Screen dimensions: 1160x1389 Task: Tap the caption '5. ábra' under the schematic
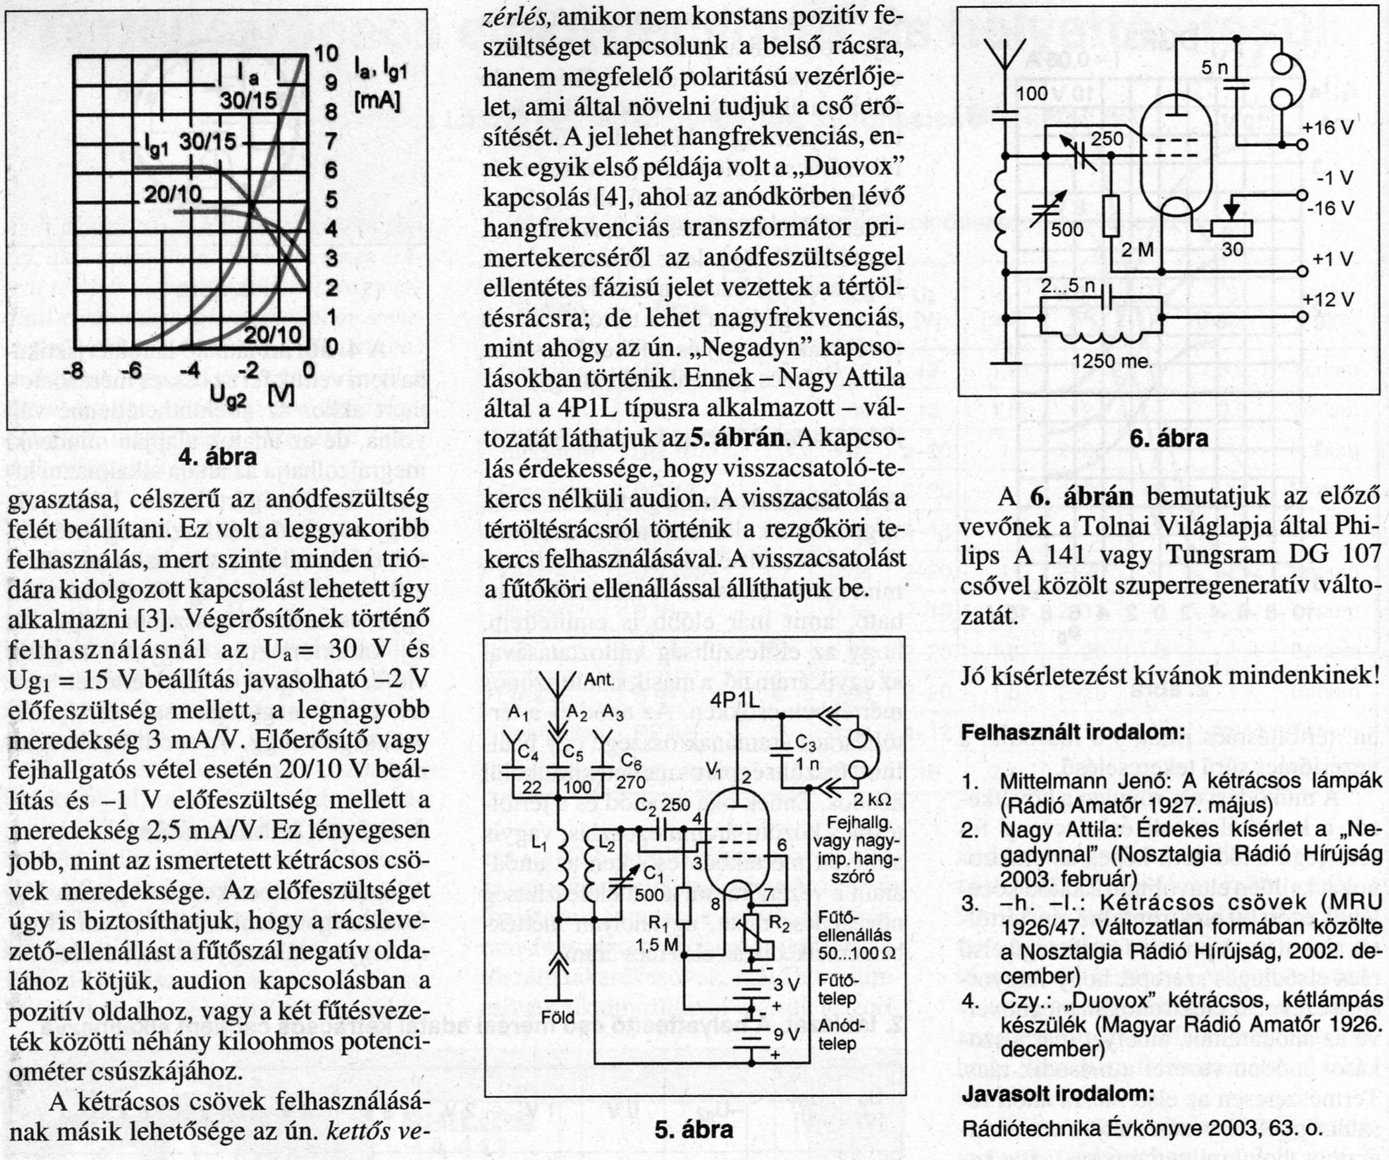[694, 1129]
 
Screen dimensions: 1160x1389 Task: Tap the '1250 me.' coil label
[1113, 362]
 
